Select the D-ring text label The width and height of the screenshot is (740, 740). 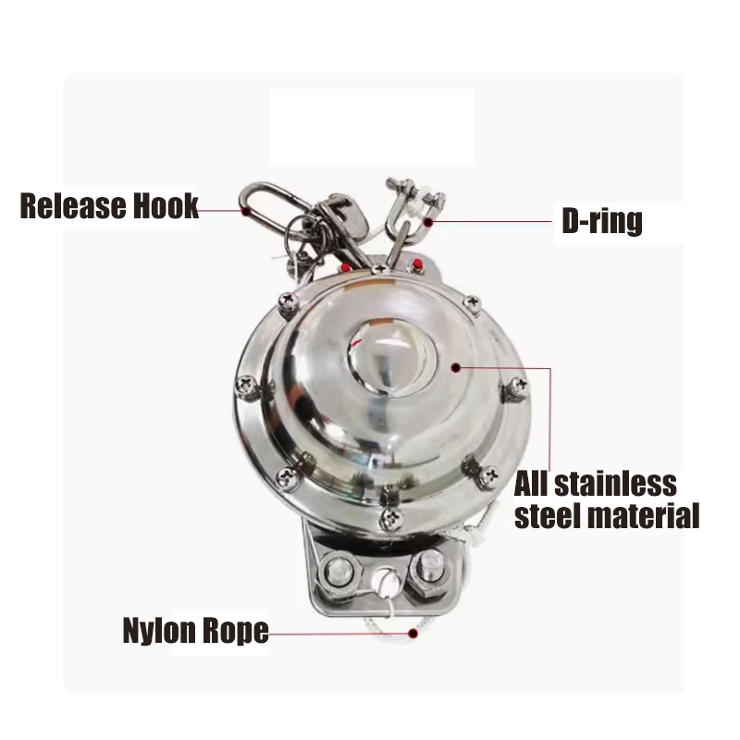pos(602,221)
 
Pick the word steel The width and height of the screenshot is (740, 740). pos(546,515)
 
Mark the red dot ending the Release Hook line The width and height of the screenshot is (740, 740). pos(246,210)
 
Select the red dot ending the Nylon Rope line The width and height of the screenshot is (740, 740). pos(413,634)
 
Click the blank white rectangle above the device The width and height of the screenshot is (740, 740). pos(371,126)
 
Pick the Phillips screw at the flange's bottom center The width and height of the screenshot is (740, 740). pos(391,519)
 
